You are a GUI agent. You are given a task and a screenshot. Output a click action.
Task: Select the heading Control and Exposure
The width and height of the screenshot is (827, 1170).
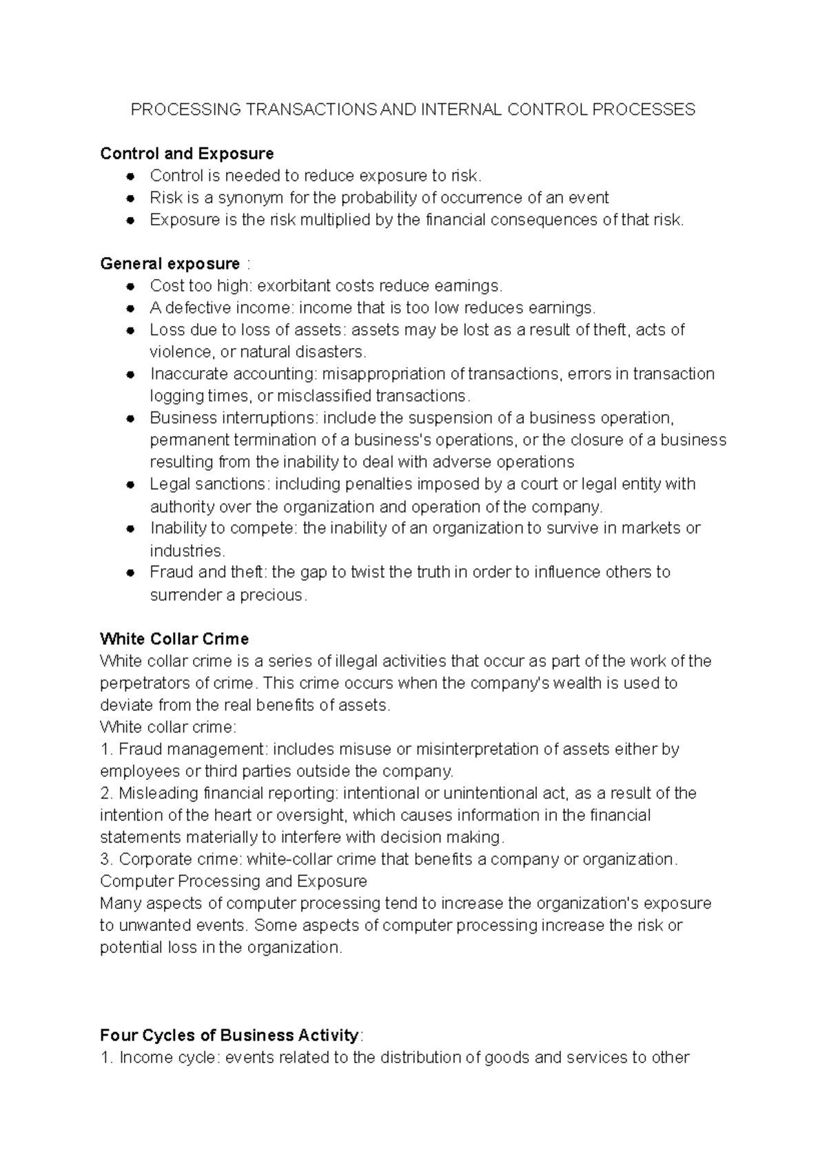click(x=187, y=154)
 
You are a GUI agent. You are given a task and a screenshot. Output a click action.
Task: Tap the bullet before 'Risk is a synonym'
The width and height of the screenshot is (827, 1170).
click(x=130, y=198)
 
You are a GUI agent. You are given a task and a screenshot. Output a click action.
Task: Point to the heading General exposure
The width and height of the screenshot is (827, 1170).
click(x=170, y=264)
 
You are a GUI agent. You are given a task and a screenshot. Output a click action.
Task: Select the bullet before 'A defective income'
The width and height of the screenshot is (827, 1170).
click(x=130, y=308)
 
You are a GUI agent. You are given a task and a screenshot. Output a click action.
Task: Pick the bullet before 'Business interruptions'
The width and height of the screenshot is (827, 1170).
click(x=130, y=418)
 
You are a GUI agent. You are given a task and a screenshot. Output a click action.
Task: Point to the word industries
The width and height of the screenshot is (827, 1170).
click(x=187, y=551)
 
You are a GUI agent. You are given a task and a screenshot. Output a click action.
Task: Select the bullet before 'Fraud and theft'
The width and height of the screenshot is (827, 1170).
click(x=130, y=573)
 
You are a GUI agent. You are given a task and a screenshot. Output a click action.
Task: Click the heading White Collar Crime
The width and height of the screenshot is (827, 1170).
click(x=174, y=639)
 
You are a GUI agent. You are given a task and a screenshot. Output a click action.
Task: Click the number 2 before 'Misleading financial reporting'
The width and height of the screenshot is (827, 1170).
click(x=104, y=793)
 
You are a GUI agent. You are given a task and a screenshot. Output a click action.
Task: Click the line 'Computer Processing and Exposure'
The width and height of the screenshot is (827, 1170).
click(x=233, y=881)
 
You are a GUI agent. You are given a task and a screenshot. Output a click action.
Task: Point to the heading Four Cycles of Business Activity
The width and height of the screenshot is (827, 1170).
click(x=229, y=1035)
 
